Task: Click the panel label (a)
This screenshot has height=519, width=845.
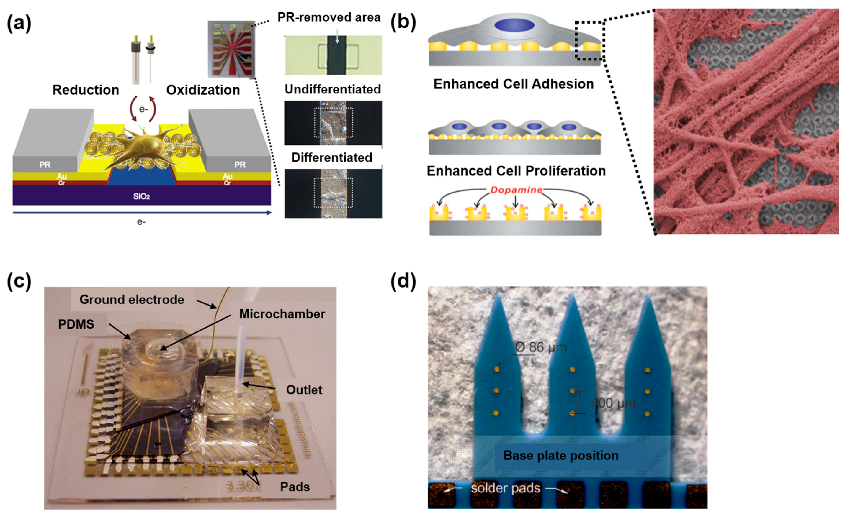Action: tap(19, 23)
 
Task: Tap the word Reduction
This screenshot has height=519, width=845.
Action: tap(86, 90)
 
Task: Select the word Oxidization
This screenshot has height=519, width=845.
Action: tap(203, 90)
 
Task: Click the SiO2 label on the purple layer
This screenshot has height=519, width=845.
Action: tap(141, 196)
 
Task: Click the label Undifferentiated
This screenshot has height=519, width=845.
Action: tap(333, 89)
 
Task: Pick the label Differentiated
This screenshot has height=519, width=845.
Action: tap(332, 157)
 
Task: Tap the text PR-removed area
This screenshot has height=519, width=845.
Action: tap(329, 17)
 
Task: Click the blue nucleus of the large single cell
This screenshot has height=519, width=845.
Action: tap(514, 25)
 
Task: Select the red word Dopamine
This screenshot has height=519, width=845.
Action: tap(516, 190)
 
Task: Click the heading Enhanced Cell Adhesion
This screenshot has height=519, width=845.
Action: tap(514, 84)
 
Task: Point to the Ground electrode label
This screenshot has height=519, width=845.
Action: tap(132, 300)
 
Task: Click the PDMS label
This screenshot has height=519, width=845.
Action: tap(76, 324)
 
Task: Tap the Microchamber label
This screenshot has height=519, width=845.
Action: tap(282, 314)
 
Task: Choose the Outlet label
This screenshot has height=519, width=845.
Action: tap(304, 390)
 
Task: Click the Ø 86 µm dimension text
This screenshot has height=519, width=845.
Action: tap(541, 347)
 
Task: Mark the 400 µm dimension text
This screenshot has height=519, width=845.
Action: tap(613, 403)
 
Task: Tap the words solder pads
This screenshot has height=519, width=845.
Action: tap(505, 488)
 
